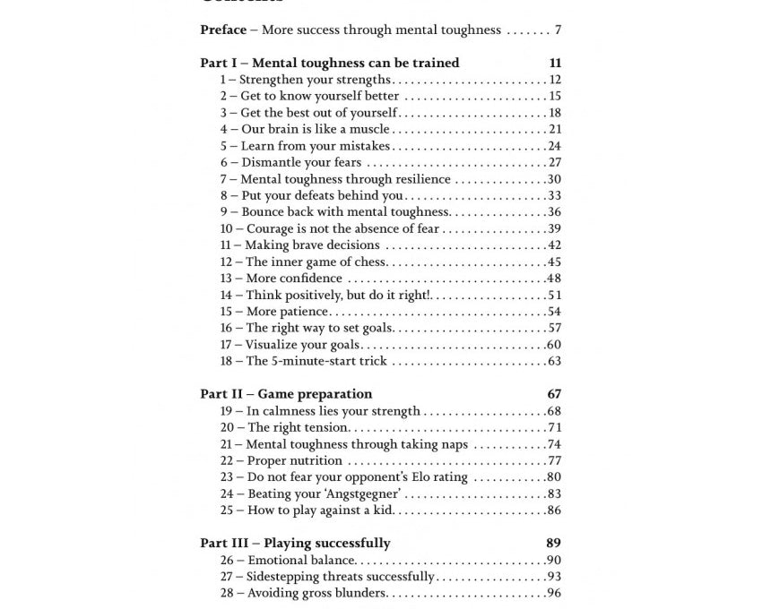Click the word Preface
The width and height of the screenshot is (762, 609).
coord(223,30)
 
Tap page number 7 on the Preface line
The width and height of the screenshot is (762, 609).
coord(558,30)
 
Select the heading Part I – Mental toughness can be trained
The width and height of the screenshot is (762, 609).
coord(329,63)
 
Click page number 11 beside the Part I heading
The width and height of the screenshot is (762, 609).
coord(555,63)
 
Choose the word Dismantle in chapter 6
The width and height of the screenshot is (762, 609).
coord(273,162)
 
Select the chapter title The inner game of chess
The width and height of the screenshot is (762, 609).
coord(316,262)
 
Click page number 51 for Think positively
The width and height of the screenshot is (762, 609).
coord(554,295)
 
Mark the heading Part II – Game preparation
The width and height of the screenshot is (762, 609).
coord(286,394)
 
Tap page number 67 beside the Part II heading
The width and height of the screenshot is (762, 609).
coord(554,394)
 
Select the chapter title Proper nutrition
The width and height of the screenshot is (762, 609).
coord(295,460)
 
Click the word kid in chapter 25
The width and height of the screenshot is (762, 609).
coord(383,510)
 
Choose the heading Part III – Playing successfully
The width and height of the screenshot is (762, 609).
coord(295,543)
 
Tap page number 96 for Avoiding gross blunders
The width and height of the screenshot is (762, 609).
coord(554,593)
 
